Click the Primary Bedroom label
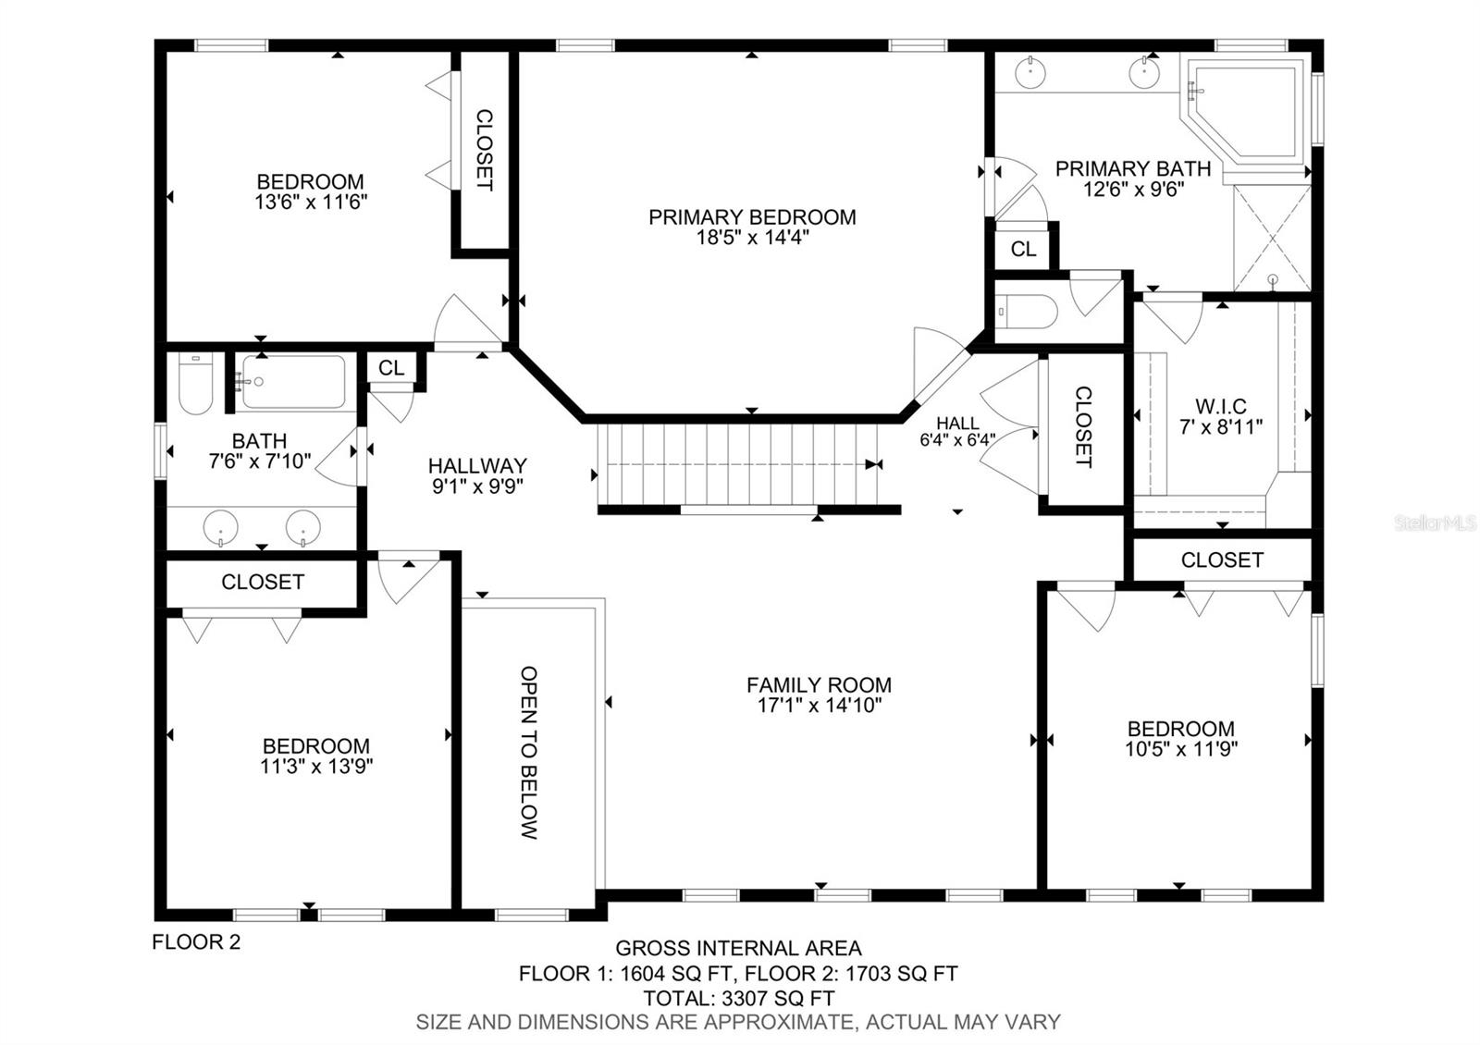(752, 217)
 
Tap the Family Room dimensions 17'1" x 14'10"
(820, 706)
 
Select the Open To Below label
(529, 753)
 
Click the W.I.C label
(1221, 406)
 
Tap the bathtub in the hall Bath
(293, 382)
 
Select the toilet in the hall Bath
(195, 385)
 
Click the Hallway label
(477, 466)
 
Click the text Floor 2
(196, 942)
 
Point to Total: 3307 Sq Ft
(739, 998)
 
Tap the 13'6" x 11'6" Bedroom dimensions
(311, 203)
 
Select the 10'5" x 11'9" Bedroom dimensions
(1181, 749)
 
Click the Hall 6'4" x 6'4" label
(957, 431)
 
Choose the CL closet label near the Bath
(391, 368)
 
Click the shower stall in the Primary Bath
(1273, 239)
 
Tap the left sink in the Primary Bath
(1030, 73)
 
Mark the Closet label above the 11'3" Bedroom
(263, 582)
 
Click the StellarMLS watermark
(1435, 523)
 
